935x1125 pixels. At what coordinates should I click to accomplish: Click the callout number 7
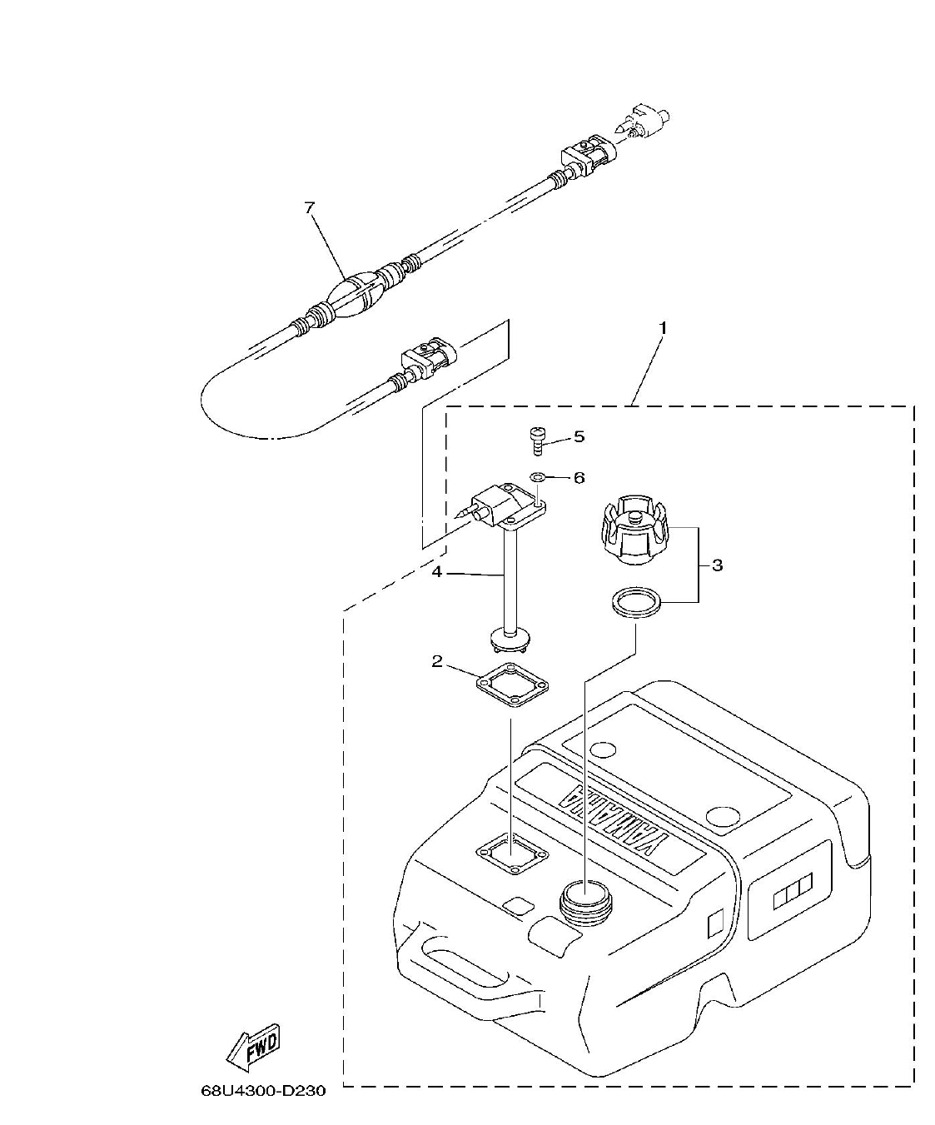(x=310, y=208)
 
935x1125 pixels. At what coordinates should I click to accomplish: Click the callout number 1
(x=663, y=327)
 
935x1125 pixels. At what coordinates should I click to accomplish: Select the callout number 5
(x=579, y=436)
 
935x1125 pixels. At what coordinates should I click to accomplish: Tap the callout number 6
(x=579, y=478)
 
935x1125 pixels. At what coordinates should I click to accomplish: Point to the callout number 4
(x=435, y=572)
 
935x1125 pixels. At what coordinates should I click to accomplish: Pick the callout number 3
(x=717, y=565)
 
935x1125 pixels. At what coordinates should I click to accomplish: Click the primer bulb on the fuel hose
(x=354, y=298)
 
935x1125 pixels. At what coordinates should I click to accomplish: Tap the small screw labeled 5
(x=537, y=439)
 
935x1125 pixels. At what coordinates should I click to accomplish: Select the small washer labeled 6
(x=538, y=477)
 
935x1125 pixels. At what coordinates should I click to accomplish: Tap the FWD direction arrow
(x=255, y=1047)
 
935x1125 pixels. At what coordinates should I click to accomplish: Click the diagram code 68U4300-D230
(x=263, y=1091)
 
